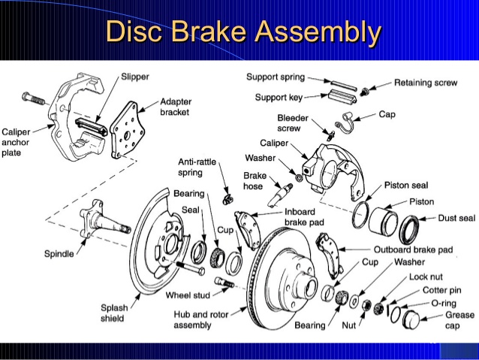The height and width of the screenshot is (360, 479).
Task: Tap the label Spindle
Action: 58,254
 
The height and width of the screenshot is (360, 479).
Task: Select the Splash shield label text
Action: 119,312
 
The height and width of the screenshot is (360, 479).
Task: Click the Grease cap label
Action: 459,320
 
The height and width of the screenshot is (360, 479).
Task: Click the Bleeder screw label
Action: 293,123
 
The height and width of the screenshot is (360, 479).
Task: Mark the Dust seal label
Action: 456,218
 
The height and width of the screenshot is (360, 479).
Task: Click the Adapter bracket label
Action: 176,107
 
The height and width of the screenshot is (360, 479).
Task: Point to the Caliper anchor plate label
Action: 17,141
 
